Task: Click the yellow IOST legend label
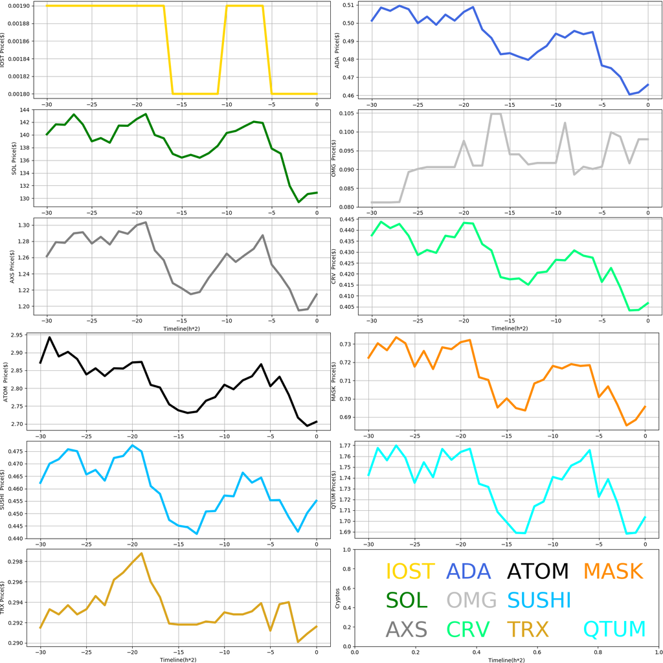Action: coord(410,571)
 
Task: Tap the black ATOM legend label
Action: coord(537,571)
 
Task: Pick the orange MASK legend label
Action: coord(612,571)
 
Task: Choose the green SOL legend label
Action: coord(407,600)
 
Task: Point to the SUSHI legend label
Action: coord(539,600)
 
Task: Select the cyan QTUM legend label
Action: coord(614,629)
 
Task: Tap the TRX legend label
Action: coord(526,629)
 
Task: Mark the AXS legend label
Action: coord(407,629)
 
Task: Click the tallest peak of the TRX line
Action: coord(141,553)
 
